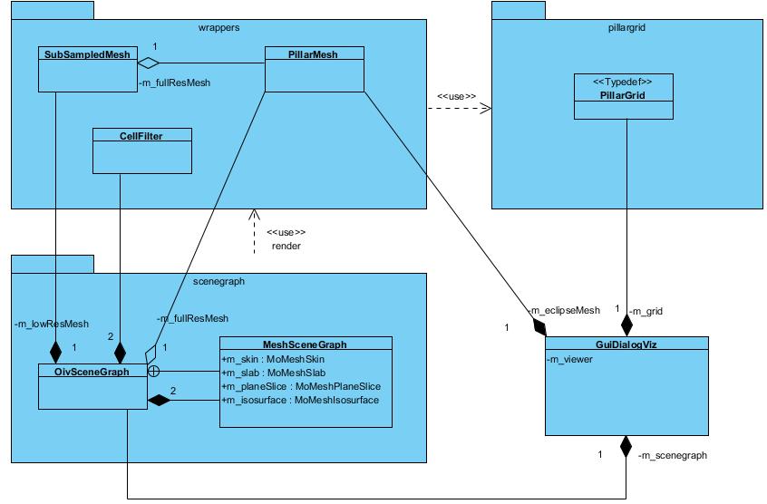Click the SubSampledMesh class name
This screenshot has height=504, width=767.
coord(87,54)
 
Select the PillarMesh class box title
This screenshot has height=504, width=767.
coord(314,54)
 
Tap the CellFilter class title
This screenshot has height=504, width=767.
coord(142,135)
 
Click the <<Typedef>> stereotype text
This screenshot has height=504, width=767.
coord(624,82)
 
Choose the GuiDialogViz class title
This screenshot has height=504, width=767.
coord(626,344)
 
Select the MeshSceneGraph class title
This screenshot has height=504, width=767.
coord(305,344)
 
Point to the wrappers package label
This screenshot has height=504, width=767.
coord(218,28)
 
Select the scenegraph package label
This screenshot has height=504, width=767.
coord(219,281)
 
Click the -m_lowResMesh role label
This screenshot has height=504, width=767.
coord(52,324)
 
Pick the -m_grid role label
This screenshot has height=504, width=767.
coord(649,311)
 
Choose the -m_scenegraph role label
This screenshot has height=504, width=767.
coord(673,455)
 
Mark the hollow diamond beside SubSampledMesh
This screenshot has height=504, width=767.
coord(149,63)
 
